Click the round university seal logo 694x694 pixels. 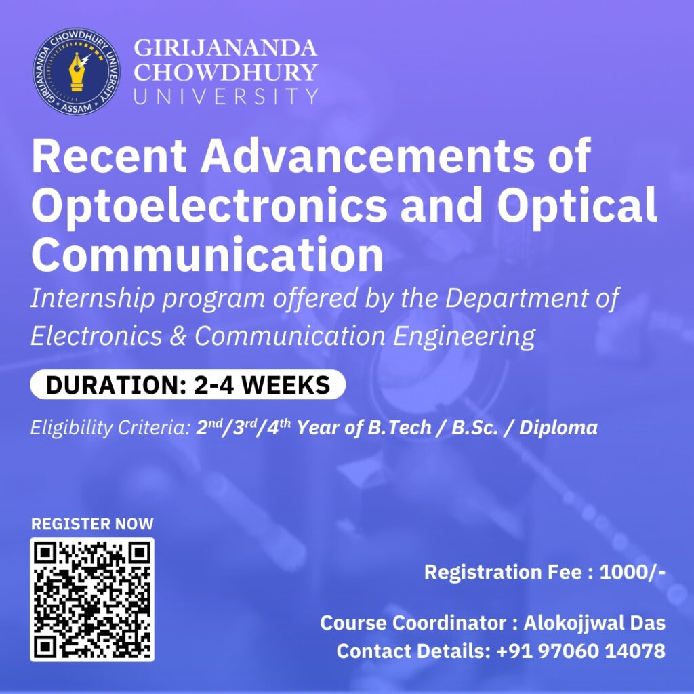coord(76,72)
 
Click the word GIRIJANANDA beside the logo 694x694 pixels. coord(225,48)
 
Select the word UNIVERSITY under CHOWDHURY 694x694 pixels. coord(226,96)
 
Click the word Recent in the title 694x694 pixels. coord(109,156)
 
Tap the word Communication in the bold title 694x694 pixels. coord(207,256)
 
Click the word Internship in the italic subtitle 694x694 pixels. coord(92,299)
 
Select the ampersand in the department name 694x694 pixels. coord(178,336)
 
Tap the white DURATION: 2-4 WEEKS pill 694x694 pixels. coord(188,384)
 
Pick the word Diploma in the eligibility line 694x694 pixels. coord(558,428)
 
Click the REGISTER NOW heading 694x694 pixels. coord(92,524)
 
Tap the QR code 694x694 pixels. coord(92,600)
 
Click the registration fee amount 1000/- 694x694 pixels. coord(632,572)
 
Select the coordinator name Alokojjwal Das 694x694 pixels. coord(594,624)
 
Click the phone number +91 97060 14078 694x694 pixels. coord(581,651)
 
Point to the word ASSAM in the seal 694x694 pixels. coord(77,108)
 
